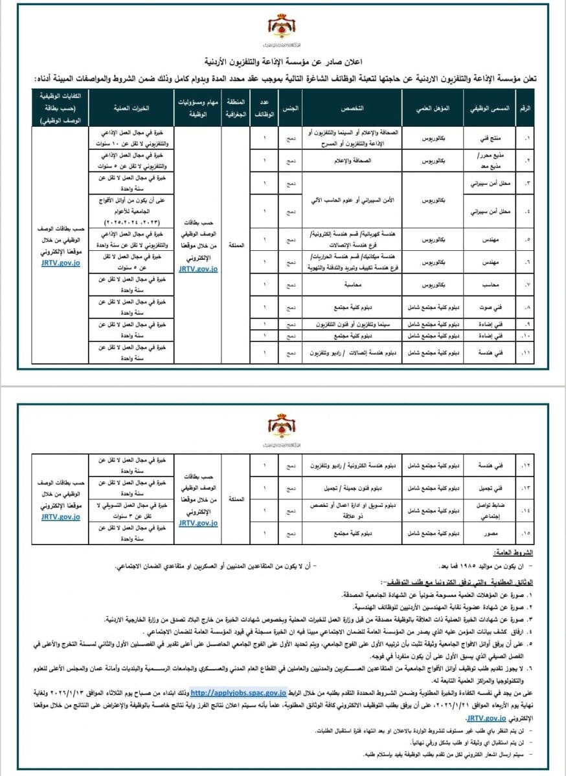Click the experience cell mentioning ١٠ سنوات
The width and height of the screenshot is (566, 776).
(x=130, y=138)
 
